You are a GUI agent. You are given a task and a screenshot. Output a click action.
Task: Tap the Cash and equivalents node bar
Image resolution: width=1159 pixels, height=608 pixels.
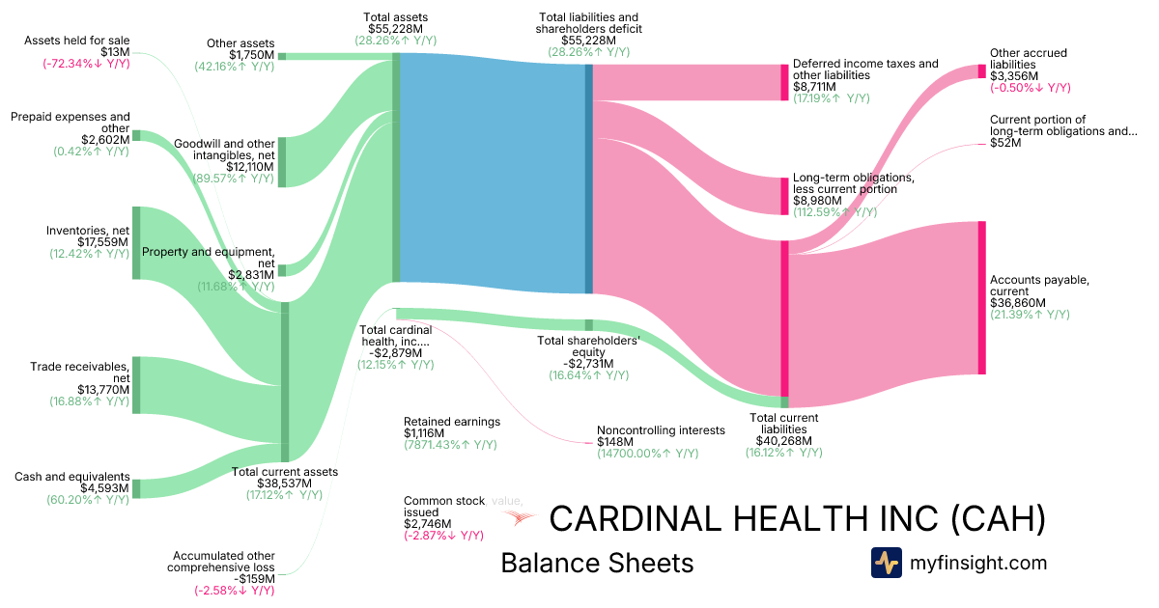point(136,488)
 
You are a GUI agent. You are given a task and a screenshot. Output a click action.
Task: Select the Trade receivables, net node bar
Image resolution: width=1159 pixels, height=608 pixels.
point(136,384)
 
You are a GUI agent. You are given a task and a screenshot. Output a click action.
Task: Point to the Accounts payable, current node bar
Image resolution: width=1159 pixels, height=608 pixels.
point(981,297)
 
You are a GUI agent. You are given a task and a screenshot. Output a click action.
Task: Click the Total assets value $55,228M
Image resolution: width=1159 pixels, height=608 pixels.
point(396,30)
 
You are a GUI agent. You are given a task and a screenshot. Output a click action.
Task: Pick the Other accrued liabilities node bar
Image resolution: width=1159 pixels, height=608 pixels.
point(981,70)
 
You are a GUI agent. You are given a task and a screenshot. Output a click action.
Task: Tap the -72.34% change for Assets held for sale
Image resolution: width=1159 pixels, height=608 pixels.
point(86,64)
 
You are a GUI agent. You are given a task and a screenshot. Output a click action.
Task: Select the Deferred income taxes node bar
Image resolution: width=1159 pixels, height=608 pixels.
point(784,82)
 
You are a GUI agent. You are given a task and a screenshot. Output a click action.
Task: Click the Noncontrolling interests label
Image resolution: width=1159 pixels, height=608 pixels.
point(661,430)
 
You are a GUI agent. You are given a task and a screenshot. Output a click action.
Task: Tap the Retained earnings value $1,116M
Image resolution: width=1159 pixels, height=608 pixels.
point(425,433)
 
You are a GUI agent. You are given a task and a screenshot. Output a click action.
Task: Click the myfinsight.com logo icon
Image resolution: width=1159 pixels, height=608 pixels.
point(886,563)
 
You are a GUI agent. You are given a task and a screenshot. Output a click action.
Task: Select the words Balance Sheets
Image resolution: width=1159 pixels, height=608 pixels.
point(597,564)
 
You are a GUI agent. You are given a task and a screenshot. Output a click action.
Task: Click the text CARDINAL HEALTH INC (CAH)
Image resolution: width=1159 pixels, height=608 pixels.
point(797,519)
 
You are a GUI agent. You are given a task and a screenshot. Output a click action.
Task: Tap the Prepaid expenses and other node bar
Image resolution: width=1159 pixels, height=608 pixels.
point(136,136)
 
